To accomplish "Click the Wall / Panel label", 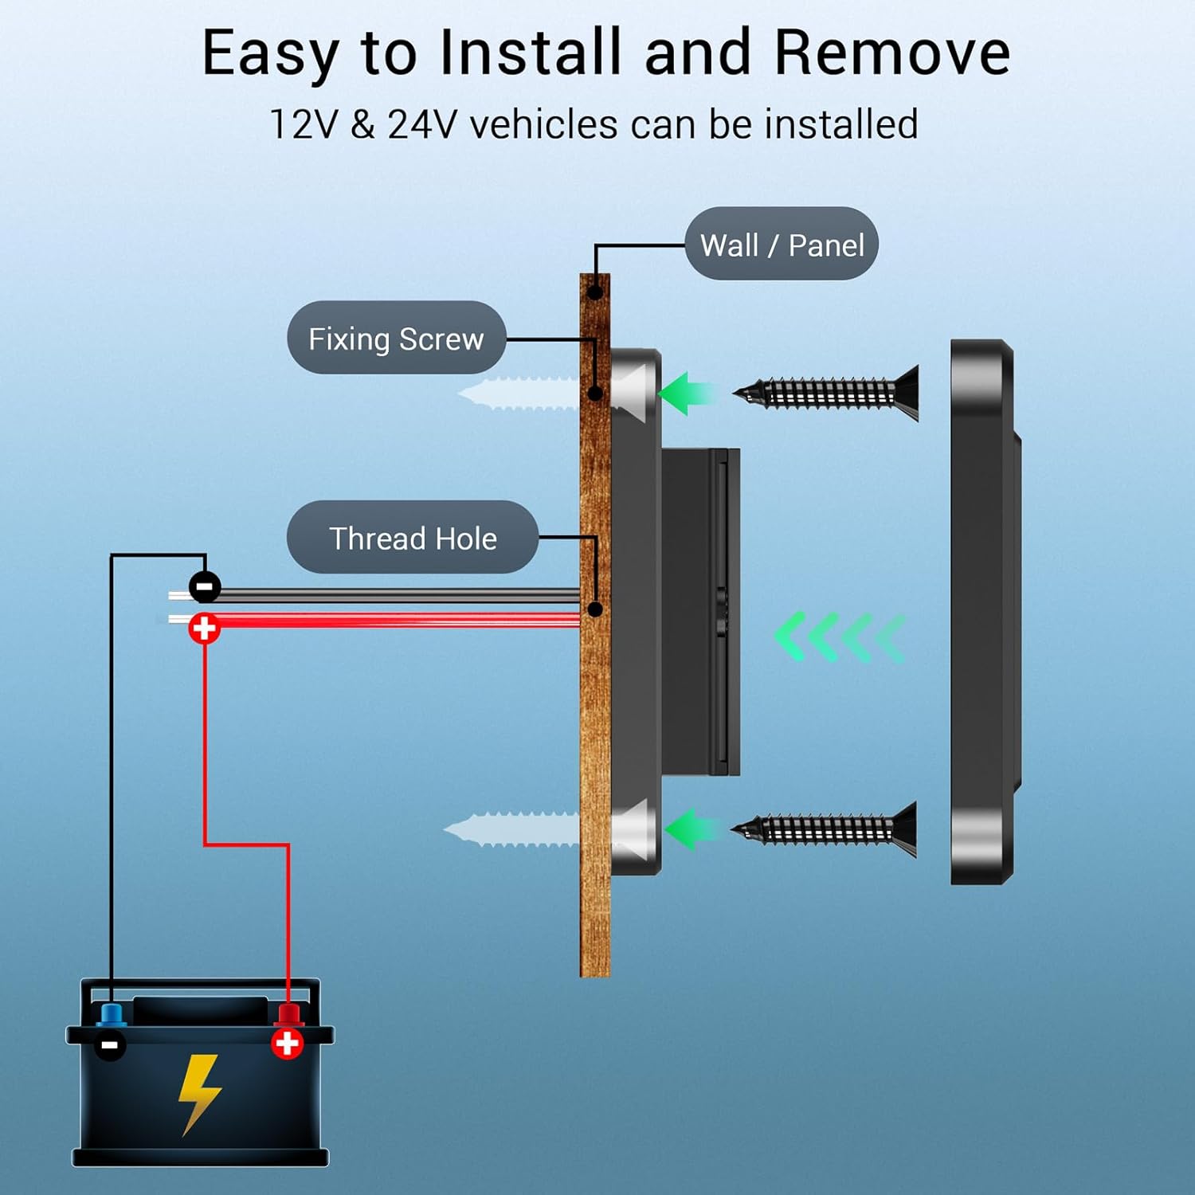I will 782,244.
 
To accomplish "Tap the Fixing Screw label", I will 396,338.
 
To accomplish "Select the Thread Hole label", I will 413,538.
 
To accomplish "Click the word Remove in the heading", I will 891,53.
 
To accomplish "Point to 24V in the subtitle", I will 422,125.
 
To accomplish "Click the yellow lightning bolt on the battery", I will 198,1091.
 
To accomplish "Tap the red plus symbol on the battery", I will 287,1043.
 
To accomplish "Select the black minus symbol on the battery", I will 110,1044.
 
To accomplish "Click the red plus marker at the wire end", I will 204,628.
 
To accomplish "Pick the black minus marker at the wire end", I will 205,587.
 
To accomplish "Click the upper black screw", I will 829,392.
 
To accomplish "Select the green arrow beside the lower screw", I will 690,829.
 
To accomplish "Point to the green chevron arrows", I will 839,637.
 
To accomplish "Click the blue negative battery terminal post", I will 111,1015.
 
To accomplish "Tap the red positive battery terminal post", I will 288,1015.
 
